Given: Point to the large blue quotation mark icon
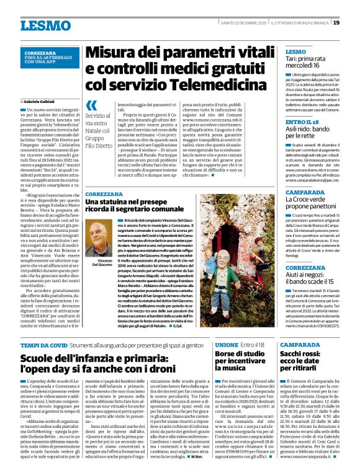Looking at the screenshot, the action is (92, 105).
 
